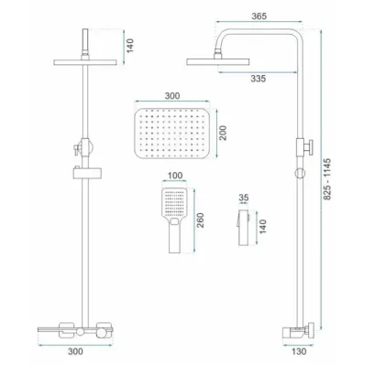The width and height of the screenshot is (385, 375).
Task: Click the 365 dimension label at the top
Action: [259, 16]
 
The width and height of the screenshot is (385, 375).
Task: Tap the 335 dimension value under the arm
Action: [258, 79]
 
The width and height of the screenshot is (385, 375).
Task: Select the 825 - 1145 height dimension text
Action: [327, 179]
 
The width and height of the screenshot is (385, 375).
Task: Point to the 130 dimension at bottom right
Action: [299, 351]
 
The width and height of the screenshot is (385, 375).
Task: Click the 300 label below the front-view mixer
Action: [75, 351]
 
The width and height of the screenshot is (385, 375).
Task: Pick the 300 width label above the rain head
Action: [172, 96]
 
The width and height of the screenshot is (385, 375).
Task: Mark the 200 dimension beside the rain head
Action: [223, 133]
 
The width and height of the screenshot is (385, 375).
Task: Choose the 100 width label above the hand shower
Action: [175, 176]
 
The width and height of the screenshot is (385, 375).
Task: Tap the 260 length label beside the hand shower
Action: [200, 220]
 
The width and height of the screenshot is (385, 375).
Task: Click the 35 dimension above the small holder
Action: [244, 198]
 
